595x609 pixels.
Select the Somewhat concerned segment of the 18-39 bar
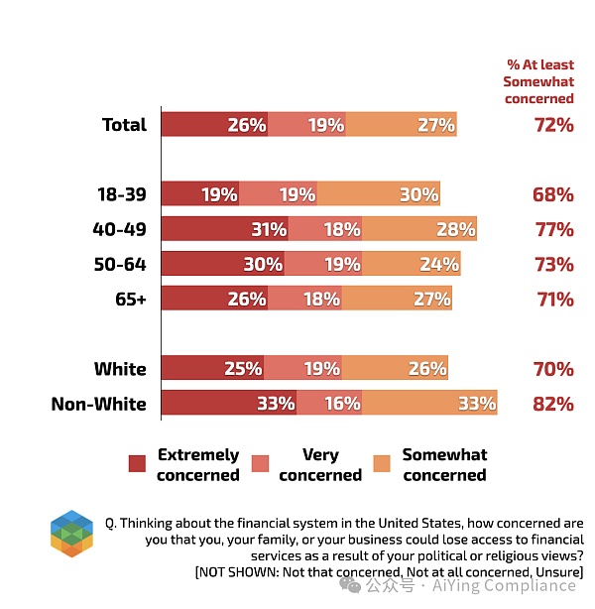pos(378,194)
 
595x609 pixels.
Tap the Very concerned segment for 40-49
pos(325,229)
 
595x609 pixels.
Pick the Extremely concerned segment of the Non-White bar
pos(229,404)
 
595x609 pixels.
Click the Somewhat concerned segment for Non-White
pos(428,404)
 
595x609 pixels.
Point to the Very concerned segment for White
pos(305,369)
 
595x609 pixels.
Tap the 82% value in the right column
pos(552,404)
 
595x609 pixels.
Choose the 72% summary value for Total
pos(552,125)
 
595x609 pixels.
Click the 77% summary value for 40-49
pos(552,229)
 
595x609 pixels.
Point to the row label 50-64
pos(119,264)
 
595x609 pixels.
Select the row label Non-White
pos(99,404)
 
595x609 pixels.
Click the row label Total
pos(124,125)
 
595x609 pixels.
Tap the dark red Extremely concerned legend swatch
pos(138,463)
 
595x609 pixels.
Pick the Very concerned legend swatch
pos(260,463)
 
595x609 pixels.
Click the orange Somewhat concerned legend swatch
pos(382,463)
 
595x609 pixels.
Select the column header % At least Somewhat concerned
pos(539,81)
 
